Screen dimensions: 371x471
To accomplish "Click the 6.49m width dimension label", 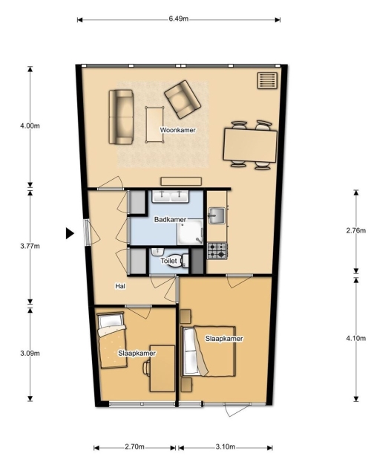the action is point(179,19).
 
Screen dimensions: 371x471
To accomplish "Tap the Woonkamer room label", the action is point(177,130).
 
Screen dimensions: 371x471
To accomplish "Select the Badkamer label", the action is point(170,220).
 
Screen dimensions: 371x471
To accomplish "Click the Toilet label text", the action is point(168,261).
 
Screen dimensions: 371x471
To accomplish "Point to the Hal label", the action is point(120,286).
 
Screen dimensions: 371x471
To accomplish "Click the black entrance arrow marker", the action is point(70,233).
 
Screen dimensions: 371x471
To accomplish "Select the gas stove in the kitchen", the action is point(217,251).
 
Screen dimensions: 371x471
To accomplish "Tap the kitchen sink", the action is point(217,215).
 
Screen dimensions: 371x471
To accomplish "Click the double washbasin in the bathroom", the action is point(171,196).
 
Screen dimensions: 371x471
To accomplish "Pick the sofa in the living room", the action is point(121,117).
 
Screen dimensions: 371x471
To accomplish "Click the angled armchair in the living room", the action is point(183,99).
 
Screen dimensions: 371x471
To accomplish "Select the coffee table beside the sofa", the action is point(155,125).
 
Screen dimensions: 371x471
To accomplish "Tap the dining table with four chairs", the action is point(250,146).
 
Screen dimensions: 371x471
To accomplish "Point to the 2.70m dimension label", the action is point(134,446).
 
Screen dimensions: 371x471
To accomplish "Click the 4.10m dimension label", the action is point(356,338).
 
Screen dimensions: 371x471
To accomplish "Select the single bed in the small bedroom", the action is point(112,340).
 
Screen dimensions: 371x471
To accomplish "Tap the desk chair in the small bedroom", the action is point(147,368).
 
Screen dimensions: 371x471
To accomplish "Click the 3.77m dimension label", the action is point(30,246).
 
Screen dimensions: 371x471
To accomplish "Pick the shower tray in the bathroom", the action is point(190,233).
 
